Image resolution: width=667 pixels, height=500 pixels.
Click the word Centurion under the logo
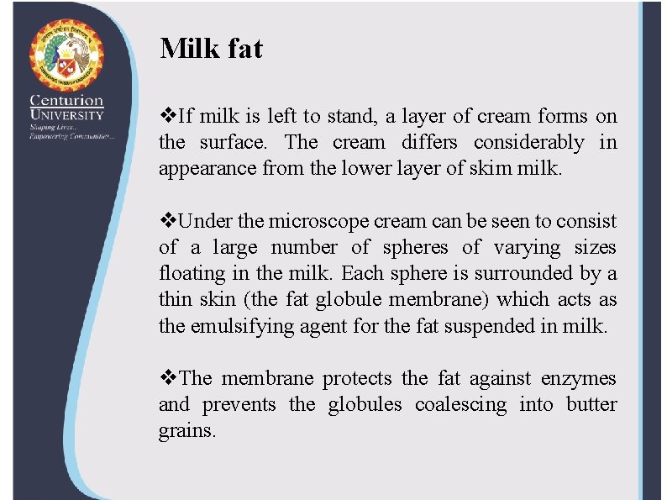66,100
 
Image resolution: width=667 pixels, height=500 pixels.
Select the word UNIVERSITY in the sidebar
66,115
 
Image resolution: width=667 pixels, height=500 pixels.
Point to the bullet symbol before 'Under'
165,222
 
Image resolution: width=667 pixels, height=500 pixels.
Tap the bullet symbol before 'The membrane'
165,379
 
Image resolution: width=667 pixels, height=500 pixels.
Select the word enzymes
579,379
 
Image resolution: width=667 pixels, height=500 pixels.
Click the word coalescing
461,405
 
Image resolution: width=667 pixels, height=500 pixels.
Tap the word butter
591,405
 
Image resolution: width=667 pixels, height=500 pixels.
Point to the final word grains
187,432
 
